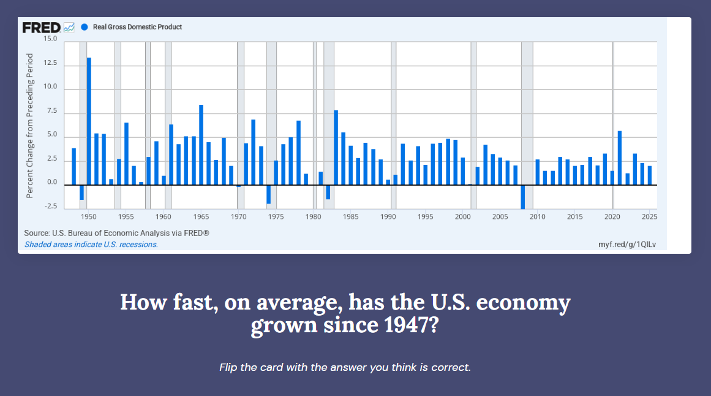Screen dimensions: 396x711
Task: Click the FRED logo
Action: tap(42, 27)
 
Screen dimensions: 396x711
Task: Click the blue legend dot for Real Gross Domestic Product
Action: tap(85, 27)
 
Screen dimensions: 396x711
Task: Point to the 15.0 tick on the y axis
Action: tap(50, 39)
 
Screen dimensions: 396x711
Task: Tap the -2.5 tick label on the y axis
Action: tap(50, 207)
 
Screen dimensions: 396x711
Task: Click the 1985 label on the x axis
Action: tap(351, 217)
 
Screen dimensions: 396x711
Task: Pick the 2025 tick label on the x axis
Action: tap(650, 217)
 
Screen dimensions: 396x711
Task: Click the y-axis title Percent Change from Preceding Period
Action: tap(29, 126)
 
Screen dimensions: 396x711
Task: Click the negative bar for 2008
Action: tap(522, 197)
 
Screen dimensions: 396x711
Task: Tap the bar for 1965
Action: tap(201, 145)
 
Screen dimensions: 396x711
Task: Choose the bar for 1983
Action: tap(336, 147)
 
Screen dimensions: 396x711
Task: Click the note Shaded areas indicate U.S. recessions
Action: tap(91, 245)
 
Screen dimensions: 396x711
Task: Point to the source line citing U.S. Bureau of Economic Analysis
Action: tap(116, 234)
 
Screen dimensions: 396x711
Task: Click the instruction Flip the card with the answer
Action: tap(345, 368)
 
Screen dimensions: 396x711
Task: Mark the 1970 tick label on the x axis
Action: tap(238, 217)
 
